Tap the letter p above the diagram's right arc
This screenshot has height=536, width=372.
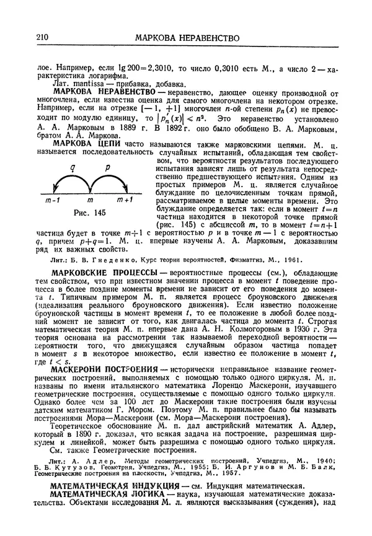[x=107, y=167]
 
